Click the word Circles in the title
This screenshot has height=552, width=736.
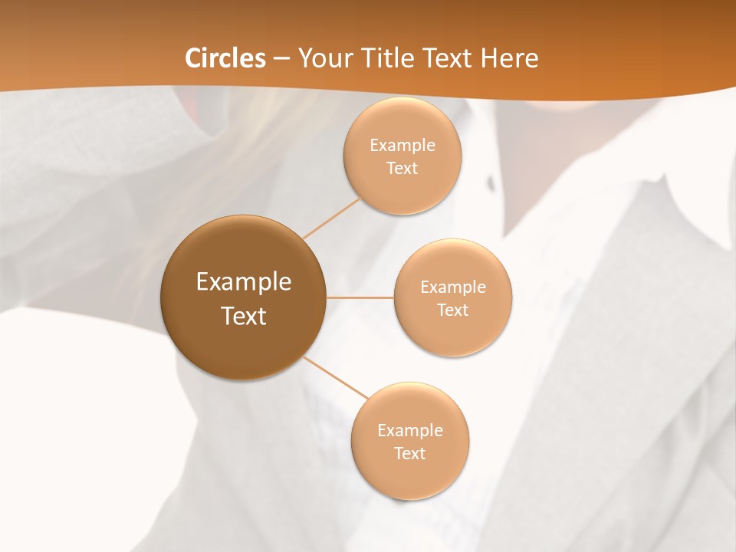point(225,58)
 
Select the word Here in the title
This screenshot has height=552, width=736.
point(509,58)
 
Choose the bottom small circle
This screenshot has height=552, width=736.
point(410,475)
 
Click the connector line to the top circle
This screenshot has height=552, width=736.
point(331,218)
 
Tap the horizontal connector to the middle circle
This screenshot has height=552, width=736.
point(360,297)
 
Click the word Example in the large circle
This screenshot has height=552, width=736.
point(244,282)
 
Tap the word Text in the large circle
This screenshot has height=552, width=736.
point(244,316)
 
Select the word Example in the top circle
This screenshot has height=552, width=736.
point(402,145)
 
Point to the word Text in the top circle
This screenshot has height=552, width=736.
point(402,168)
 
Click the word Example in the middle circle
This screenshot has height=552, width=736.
point(453,287)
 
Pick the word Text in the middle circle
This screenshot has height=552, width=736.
point(453,310)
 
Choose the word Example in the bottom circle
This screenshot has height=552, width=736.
point(410,430)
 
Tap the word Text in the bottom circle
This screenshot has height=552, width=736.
point(410,453)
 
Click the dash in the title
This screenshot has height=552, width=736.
point(281,59)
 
